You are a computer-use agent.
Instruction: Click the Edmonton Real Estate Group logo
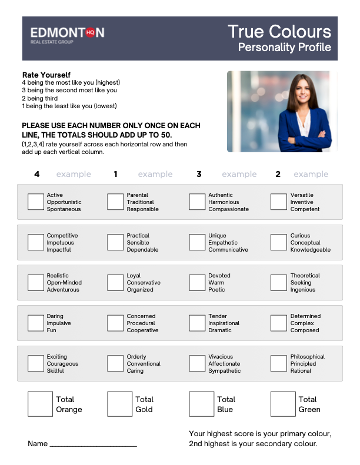click(x=67, y=35)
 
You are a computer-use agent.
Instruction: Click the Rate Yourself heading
click(x=46, y=75)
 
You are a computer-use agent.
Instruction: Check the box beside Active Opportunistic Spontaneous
click(x=36, y=202)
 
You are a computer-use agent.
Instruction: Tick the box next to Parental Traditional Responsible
click(x=115, y=202)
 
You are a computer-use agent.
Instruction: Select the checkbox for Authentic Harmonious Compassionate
click(x=197, y=202)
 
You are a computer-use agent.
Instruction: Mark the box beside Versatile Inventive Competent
click(x=279, y=202)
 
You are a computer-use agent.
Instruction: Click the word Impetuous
click(x=59, y=243)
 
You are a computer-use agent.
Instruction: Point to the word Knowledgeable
click(x=310, y=250)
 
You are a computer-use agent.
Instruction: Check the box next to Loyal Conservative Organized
click(x=115, y=283)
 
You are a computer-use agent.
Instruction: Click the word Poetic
click(x=216, y=290)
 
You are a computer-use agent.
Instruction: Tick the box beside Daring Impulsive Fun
click(x=36, y=323)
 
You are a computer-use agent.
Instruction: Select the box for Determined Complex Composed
click(x=279, y=323)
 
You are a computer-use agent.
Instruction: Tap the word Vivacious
click(x=221, y=357)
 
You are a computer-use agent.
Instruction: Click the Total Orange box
click(x=40, y=404)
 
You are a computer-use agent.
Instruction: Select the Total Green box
click(x=283, y=404)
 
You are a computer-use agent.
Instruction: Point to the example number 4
click(x=36, y=174)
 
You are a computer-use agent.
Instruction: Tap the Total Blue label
click(x=226, y=404)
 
